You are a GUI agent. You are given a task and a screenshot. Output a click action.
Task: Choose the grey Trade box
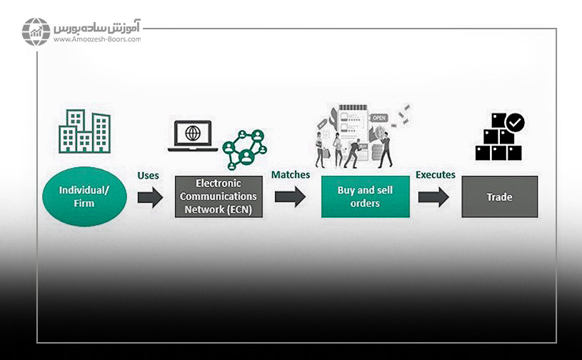pos(499,197)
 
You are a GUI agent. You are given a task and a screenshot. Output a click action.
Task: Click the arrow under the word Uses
pos(150,197)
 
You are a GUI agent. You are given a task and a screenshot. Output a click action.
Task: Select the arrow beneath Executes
pos(433,197)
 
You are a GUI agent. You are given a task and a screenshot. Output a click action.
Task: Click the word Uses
pos(148,175)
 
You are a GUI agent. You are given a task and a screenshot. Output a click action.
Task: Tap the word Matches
pos(289,175)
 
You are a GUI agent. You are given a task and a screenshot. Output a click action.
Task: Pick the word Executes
pos(436,175)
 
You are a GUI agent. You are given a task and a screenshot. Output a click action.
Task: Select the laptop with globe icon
pos(193,136)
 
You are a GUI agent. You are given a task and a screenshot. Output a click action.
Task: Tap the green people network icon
pos(244,149)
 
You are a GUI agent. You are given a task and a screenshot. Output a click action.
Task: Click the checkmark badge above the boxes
pos(514,122)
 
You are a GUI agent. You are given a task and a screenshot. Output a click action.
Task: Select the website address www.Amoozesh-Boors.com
pos(96,39)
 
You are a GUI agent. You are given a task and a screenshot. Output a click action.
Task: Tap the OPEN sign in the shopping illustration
pos(378,118)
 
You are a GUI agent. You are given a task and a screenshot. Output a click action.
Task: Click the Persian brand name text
pos(97,28)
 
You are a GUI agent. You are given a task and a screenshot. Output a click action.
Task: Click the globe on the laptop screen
pos(193,132)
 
